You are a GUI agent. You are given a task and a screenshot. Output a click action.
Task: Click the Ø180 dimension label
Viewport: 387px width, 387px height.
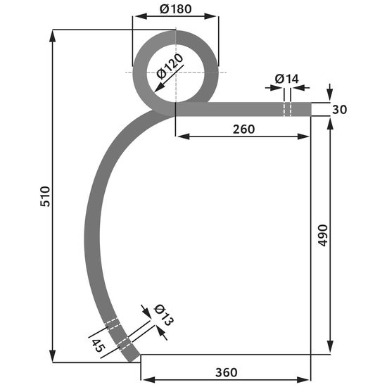[175, 9]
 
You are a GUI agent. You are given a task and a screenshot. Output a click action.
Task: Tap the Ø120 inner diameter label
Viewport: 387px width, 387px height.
[170, 66]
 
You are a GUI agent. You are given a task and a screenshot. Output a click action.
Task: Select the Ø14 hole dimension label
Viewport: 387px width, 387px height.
[286, 79]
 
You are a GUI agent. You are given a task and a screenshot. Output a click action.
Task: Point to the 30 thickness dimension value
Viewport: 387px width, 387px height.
[339, 110]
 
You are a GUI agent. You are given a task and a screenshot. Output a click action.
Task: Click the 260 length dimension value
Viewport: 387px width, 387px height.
[243, 129]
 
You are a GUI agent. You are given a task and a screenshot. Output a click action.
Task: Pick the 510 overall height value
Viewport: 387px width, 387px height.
[45, 196]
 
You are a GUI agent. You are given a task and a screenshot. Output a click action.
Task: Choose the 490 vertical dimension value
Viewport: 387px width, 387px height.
[322, 236]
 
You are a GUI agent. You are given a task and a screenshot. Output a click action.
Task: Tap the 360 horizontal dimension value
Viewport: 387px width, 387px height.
[227, 372]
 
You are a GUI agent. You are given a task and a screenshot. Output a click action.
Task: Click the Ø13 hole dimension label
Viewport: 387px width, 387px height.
[163, 315]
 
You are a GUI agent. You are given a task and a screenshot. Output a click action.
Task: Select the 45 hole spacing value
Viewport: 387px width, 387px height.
[99, 345]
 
